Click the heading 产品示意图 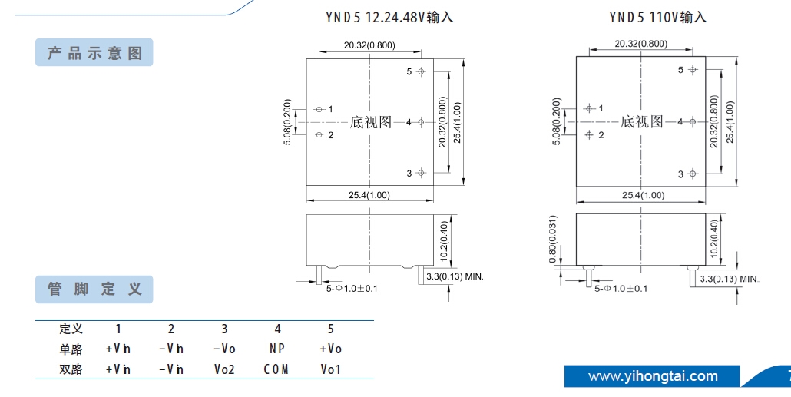point(94,53)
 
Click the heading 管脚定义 point(94,289)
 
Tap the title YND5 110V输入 point(657,16)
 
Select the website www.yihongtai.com point(653,376)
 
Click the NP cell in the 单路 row point(277,349)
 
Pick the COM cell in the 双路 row point(276,369)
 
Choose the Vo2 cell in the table point(224,369)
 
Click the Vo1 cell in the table point(331,369)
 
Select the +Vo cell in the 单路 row point(331,349)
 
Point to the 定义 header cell point(71,329)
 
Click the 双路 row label point(71,369)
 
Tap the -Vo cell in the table point(224,349)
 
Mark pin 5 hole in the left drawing point(421,71)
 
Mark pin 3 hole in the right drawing point(692,174)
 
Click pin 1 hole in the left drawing point(319,109)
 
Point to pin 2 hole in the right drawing point(589,134)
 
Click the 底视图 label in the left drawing point(371,122)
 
